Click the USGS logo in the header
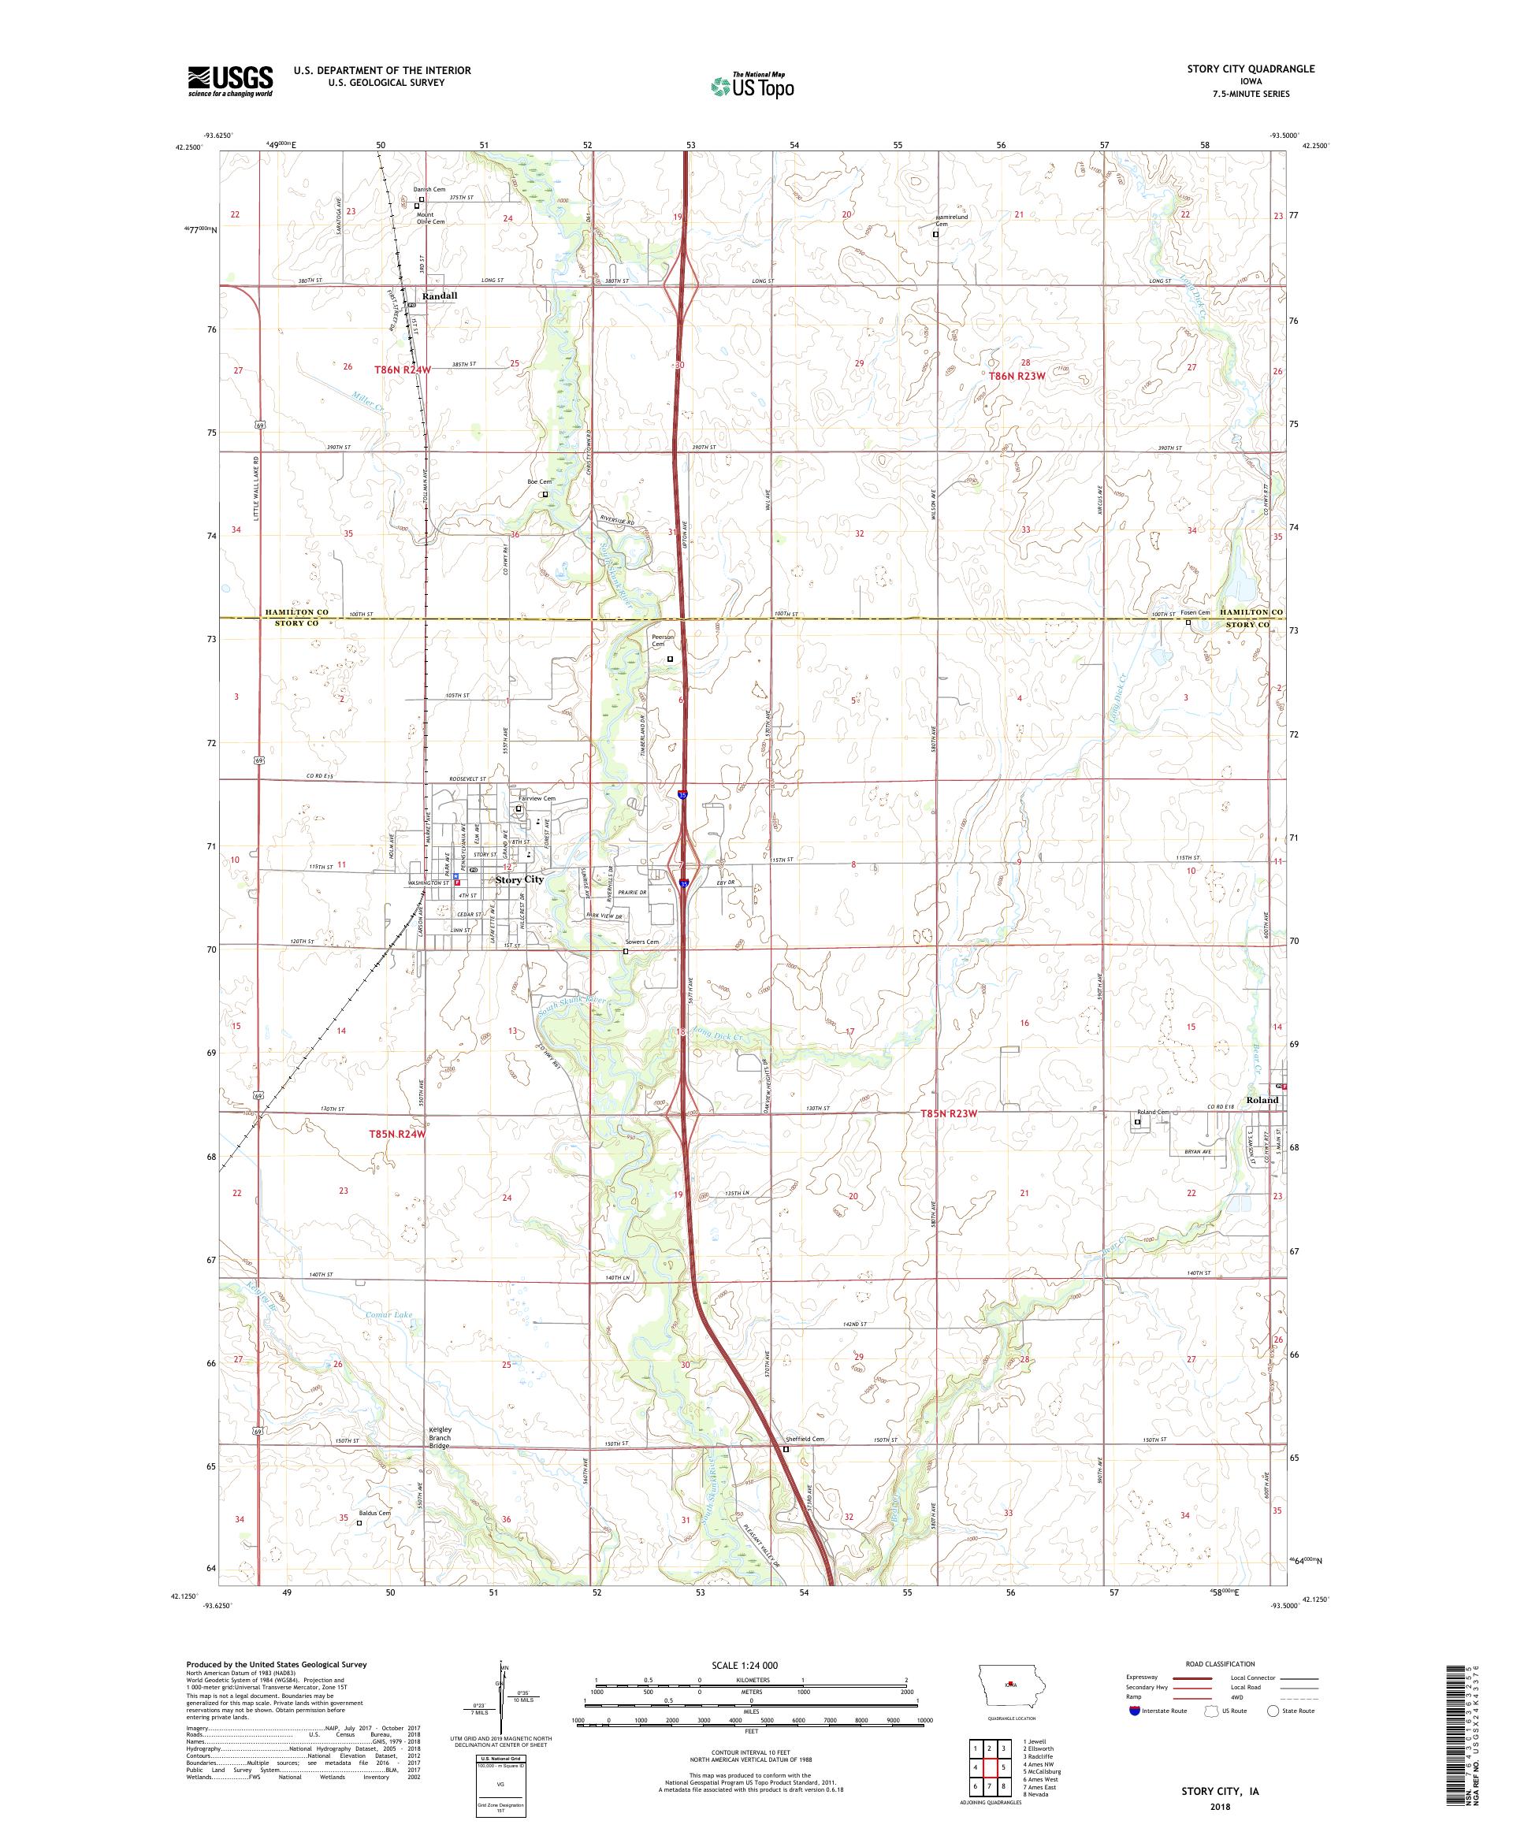(x=231, y=81)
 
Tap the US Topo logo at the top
(x=753, y=84)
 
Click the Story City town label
(x=520, y=879)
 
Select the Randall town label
(x=439, y=296)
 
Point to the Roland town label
(x=1262, y=1099)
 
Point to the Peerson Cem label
(x=664, y=641)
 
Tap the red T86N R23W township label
(x=1016, y=375)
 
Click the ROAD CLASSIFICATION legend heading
(x=1220, y=1663)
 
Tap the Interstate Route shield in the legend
(x=1134, y=1711)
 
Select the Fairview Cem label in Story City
(x=537, y=798)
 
